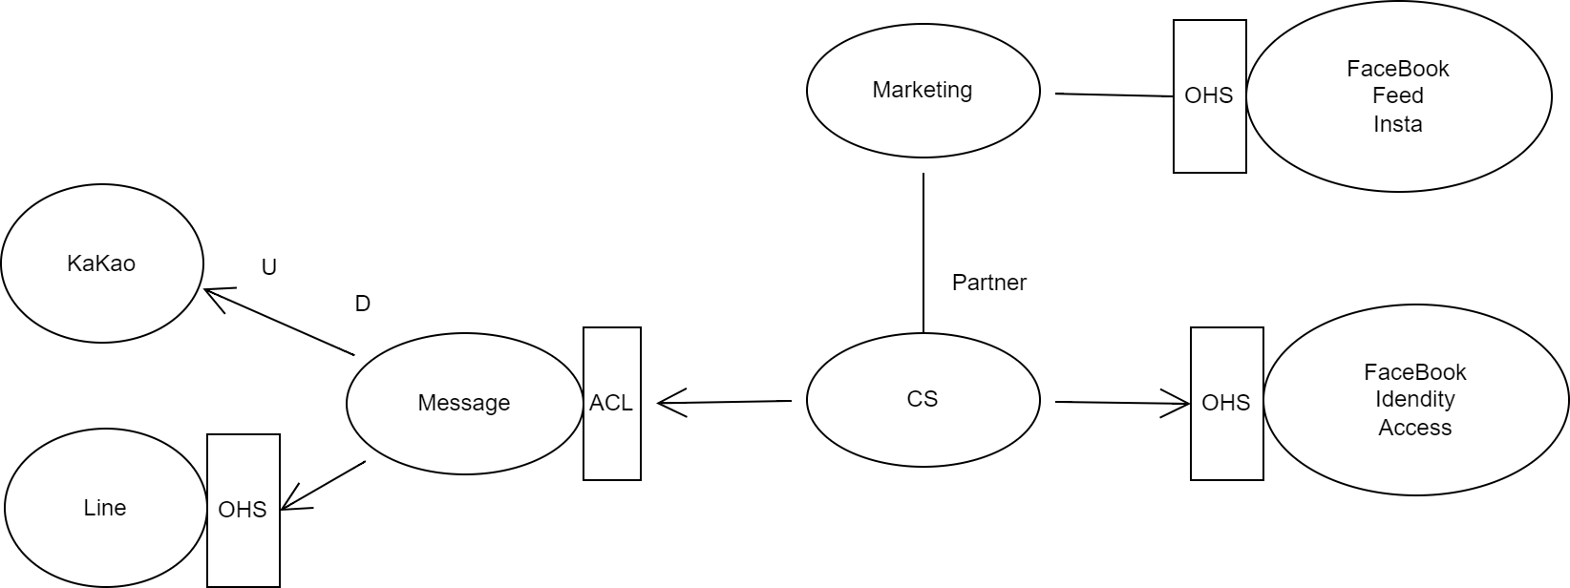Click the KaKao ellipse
click(x=102, y=263)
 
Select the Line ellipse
click(x=105, y=508)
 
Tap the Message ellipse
click(x=464, y=403)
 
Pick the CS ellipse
click(x=923, y=399)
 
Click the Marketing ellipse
click(x=923, y=90)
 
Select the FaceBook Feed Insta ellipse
click(x=1398, y=95)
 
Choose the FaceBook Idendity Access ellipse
click(x=1415, y=399)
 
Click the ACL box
click(x=611, y=403)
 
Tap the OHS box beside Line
click(x=243, y=510)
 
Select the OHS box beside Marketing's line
click(x=1209, y=95)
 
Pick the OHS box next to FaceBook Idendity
click(x=1226, y=403)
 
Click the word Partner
click(x=989, y=283)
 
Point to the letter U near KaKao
click(x=269, y=267)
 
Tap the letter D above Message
click(x=362, y=304)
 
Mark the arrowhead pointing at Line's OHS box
click(x=289, y=505)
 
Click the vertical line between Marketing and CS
click(x=923, y=253)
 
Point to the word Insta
click(x=1398, y=124)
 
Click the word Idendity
click(x=1415, y=399)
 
